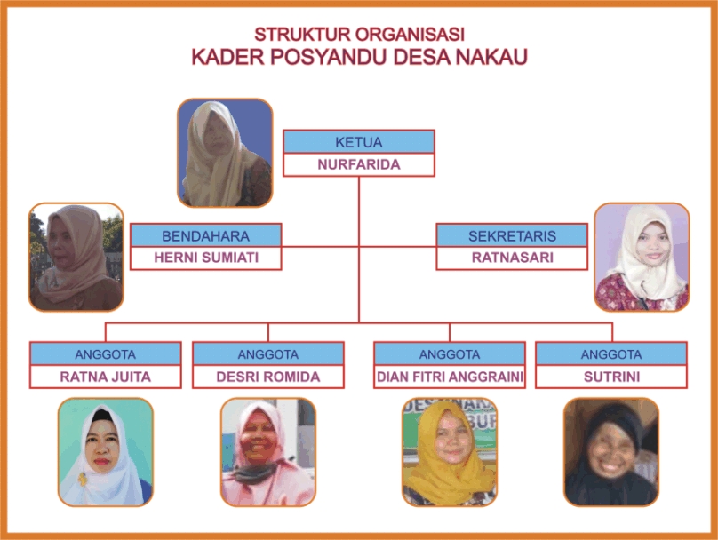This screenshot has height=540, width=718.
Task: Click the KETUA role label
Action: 358,142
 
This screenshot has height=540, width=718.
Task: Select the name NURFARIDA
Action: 359,164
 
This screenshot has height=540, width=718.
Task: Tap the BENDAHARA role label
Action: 205,236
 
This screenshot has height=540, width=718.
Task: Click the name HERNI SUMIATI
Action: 206,258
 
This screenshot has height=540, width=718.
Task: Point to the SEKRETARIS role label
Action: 512,236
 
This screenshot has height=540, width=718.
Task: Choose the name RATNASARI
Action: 513,258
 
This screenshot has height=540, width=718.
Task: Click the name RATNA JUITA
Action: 106,377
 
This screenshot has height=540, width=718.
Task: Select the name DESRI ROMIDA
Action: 267,377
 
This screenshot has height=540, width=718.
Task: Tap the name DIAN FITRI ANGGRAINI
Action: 450,377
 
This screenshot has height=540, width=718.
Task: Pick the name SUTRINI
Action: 611,377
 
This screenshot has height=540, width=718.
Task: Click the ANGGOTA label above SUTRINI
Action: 611,354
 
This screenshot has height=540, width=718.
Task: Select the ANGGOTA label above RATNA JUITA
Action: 106,354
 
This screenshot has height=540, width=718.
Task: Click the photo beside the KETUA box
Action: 225,153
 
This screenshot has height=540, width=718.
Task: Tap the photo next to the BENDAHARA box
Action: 76,258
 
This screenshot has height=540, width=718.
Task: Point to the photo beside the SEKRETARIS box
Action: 642,258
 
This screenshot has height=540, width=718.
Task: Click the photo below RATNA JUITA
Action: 106,452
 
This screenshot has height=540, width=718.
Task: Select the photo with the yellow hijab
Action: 450,452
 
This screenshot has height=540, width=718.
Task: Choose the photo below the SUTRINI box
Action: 611,452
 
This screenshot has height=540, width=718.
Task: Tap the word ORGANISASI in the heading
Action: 410,35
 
